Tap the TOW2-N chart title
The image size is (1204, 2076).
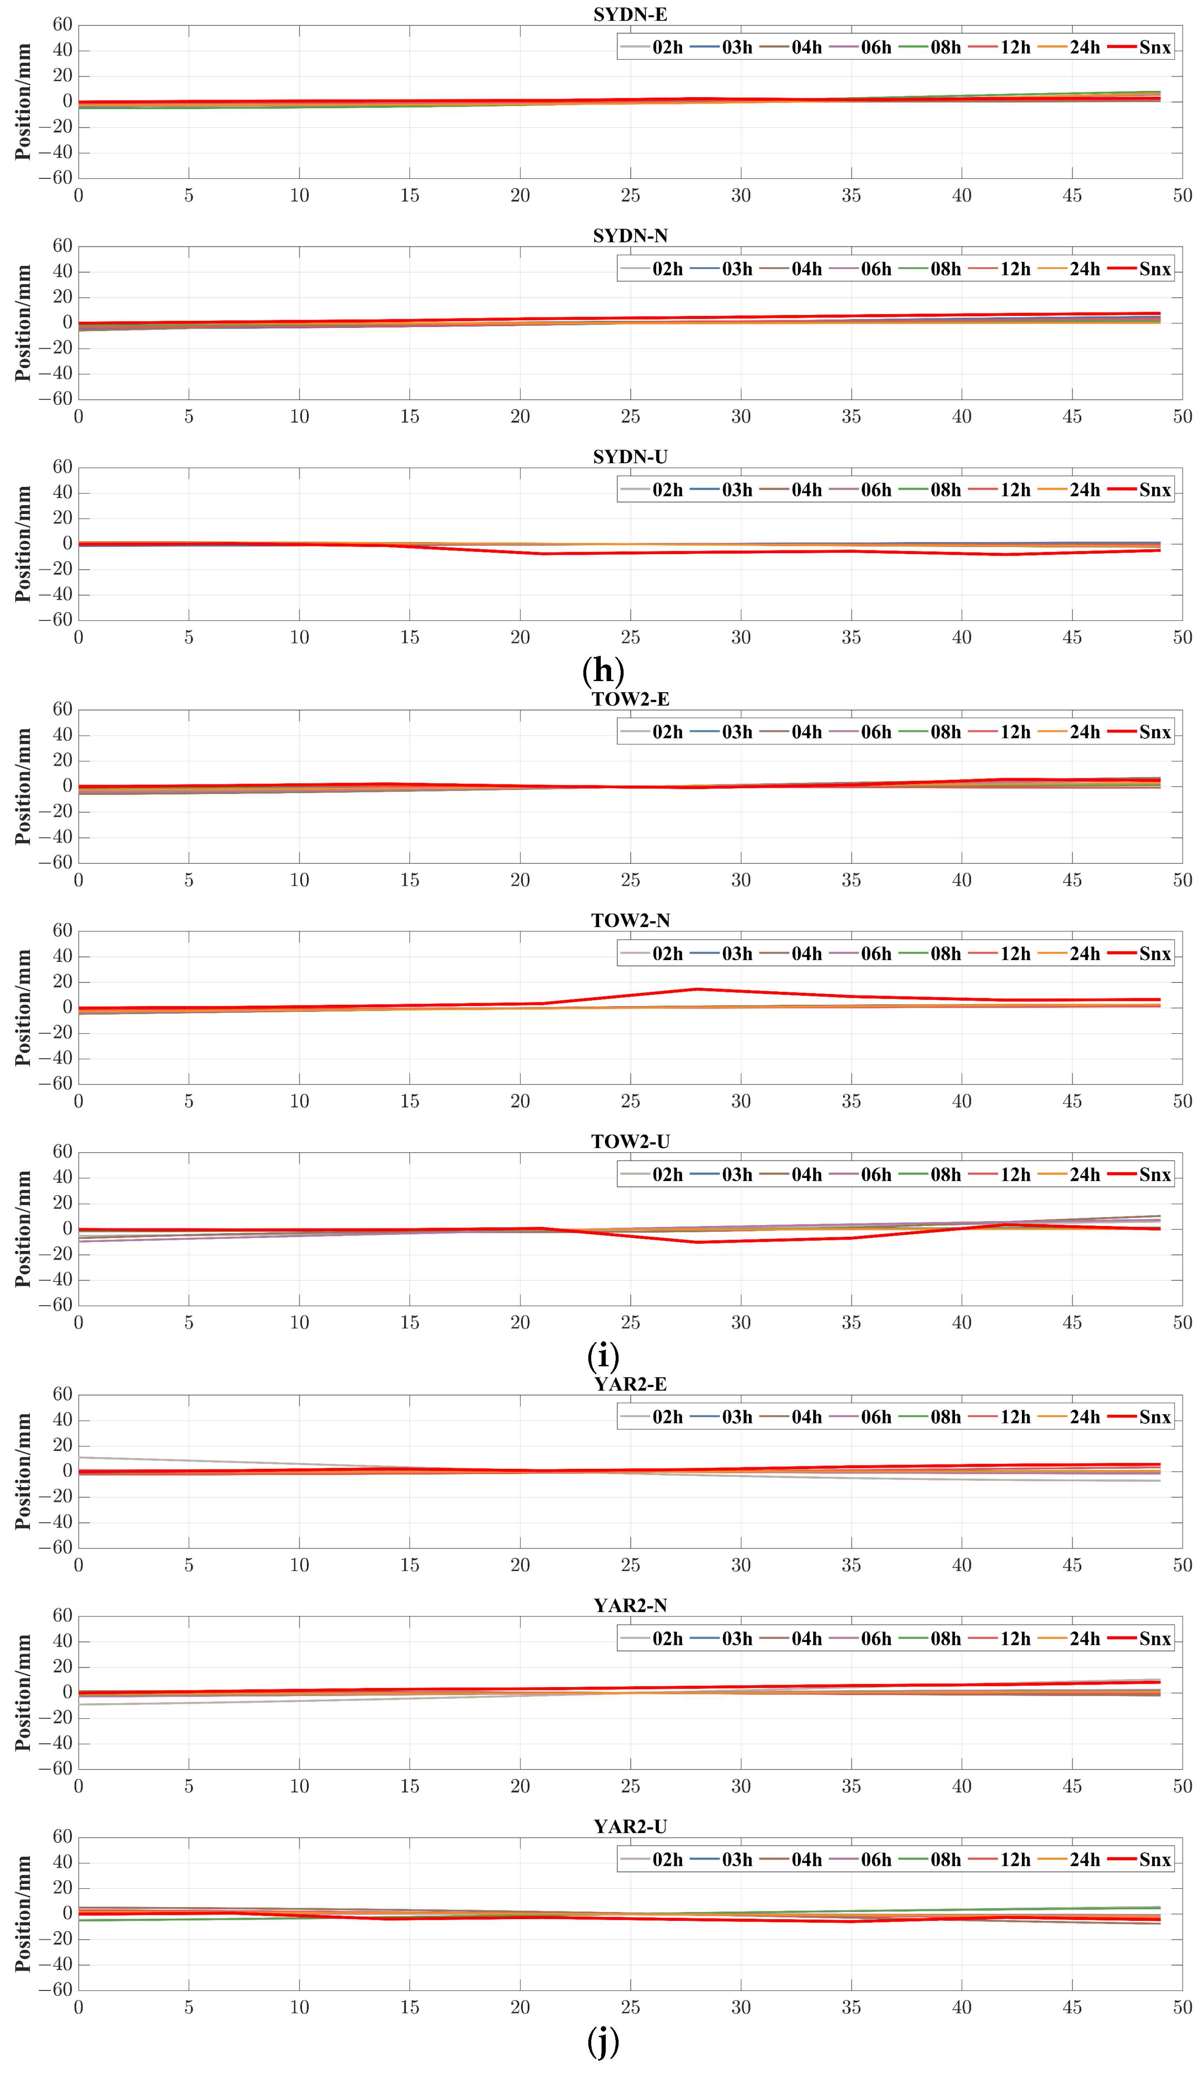(630, 920)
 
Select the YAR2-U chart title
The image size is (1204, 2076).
(630, 1827)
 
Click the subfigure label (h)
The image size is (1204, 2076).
(603, 671)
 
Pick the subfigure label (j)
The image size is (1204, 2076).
(603, 2042)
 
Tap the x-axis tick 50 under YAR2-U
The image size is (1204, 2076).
(1182, 2008)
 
